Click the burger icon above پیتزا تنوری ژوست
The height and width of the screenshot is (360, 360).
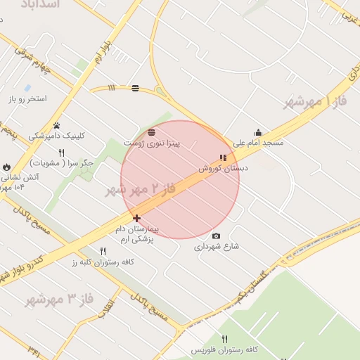[152, 132]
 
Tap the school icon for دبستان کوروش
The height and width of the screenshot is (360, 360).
[223, 158]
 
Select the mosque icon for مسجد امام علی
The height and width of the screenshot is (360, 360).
[258, 132]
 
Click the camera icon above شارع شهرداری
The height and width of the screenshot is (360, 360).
[216, 236]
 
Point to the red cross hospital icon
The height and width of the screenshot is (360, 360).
[136, 219]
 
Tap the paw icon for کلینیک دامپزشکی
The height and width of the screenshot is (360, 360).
[56, 125]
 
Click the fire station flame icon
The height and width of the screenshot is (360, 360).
[7, 167]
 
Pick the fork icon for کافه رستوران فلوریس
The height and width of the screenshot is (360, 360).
[224, 340]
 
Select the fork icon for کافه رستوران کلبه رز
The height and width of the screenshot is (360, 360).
[103, 251]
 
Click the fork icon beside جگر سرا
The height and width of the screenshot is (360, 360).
[61, 153]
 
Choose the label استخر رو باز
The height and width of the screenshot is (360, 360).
[28, 99]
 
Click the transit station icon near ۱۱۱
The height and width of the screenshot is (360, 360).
[134, 89]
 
